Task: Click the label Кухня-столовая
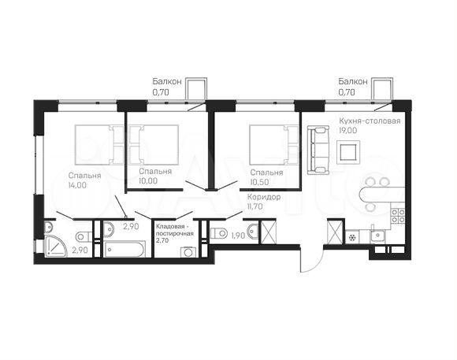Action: pyautogui.click(x=369, y=121)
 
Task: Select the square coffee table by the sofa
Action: pyautogui.click(x=347, y=150)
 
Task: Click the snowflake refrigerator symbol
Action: pyautogui.click(x=352, y=236)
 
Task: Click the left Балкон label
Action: pyautogui.click(x=166, y=81)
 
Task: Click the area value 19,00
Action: pyautogui.click(x=348, y=132)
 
